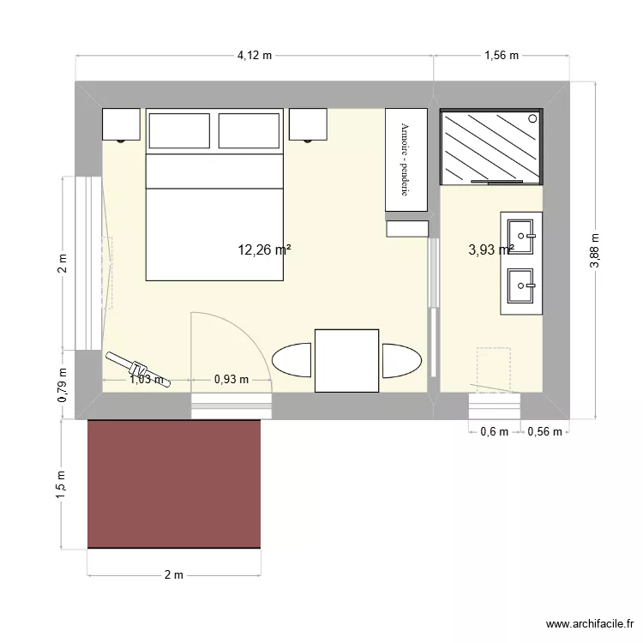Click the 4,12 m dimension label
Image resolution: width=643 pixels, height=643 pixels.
[255, 57]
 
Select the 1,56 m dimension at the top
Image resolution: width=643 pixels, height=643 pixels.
[502, 57]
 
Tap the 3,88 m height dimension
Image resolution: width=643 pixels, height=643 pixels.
[595, 251]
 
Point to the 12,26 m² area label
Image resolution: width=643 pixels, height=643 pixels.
[264, 250]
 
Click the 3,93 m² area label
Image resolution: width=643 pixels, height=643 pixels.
[490, 250]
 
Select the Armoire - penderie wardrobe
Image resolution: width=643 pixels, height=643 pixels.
[406, 160]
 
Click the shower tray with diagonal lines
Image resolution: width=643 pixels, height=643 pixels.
[491, 147]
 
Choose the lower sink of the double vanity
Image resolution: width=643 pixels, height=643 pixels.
[521, 285]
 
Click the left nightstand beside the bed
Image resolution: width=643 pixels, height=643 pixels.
[121, 124]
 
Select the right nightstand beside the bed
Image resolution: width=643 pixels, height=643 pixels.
[308, 124]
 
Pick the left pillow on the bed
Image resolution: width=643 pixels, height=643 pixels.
[180, 130]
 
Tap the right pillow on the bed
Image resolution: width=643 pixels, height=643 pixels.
[249, 130]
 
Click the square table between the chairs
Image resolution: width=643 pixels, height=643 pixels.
[346, 360]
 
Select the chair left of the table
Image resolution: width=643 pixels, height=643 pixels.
[291, 360]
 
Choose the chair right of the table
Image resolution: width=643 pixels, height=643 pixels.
[401, 360]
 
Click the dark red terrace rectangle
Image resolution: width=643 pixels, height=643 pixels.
[174, 484]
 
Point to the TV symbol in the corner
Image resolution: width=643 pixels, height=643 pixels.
[137, 369]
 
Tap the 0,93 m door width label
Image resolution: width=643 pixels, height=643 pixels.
[231, 379]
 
